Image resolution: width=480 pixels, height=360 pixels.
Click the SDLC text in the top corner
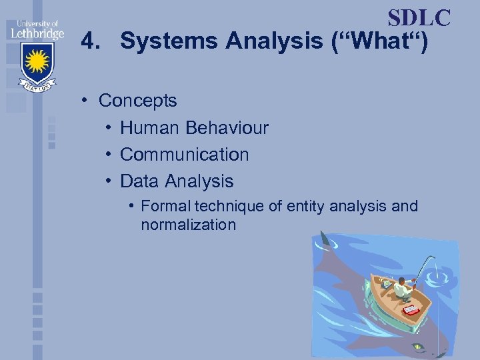[419, 18]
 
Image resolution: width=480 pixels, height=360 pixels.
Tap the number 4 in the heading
[87, 42]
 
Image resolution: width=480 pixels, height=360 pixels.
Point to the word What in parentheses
[379, 42]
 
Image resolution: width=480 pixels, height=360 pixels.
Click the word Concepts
[137, 101]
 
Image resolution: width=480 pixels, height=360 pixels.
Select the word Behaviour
[227, 127]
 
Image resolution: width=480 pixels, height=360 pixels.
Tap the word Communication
[184, 154]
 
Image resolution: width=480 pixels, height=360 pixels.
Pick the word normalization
[188, 225]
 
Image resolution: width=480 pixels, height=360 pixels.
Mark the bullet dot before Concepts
[86, 101]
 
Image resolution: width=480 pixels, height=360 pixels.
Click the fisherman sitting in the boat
[401, 287]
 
